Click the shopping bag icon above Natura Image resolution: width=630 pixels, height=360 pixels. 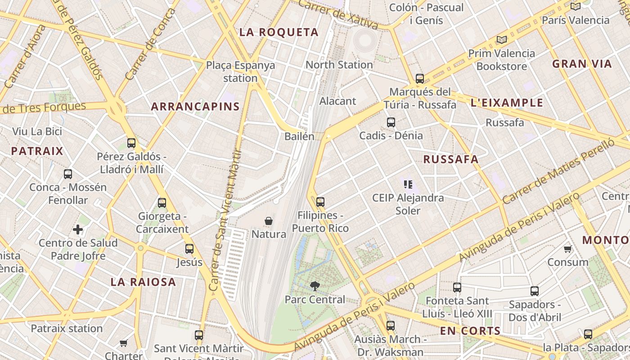pyautogui.click(x=269, y=221)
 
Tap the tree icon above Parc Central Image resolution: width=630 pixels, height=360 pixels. pyautogui.click(x=315, y=286)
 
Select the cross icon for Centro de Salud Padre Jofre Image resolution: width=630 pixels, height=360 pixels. pyautogui.click(x=78, y=230)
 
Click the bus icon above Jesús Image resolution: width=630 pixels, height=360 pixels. pyautogui.click(x=189, y=249)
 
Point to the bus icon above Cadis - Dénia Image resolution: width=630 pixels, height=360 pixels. pyautogui.click(x=391, y=122)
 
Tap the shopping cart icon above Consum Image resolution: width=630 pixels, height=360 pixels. pyautogui.click(x=568, y=249)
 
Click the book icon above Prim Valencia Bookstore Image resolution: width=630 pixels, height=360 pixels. pyautogui.click(x=502, y=40)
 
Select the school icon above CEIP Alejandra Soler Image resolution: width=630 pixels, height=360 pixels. pyautogui.click(x=408, y=184)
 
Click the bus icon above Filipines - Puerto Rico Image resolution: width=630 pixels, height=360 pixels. pyautogui.click(x=320, y=202)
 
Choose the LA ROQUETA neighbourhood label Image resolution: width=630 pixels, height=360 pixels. pyautogui.click(x=279, y=32)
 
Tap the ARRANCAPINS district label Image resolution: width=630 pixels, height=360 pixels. pyautogui.click(x=195, y=107)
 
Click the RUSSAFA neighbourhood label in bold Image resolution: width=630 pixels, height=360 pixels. pyautogui.click(x=450, y=159)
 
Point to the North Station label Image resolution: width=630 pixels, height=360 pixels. pyautogui.click(x=339, y=65)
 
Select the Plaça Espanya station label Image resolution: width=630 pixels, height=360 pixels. pyautogui.click(x=240, y=72)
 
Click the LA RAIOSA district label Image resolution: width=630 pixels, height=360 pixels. pyautogui.click(x=143, y=282)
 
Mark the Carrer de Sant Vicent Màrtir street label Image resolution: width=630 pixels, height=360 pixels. pyautogui.click(x=226, y=220)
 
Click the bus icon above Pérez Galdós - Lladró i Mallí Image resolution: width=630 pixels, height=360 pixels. pyautogui.click(x=131, y=143)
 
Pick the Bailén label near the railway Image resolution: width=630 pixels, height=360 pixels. pyautogui.click(x=299, y=136)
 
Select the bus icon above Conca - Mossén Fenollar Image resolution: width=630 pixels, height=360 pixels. pyautogui.click(x=68, y=174)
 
